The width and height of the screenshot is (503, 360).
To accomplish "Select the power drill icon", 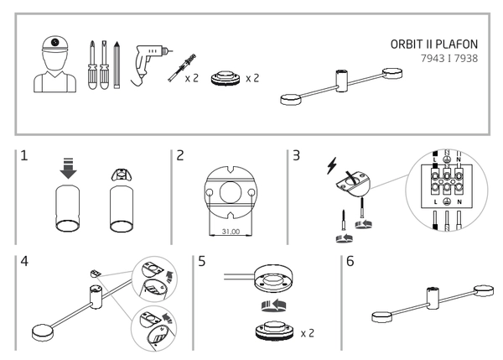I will pos(152,62).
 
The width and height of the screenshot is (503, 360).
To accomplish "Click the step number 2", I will pos(181,158).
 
